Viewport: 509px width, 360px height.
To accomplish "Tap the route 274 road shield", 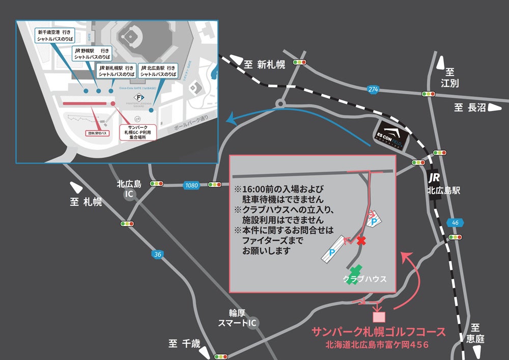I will click(x=374, y=89).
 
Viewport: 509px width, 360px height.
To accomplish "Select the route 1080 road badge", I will click(x=191, y=185).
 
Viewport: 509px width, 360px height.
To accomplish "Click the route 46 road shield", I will click(x=454, y=222).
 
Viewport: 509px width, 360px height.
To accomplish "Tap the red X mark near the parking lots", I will click(x=361, y=240).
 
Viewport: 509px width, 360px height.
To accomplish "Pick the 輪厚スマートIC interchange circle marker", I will click(x=252, y=323).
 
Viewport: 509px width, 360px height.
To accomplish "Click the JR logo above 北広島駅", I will click(x=434, y=178).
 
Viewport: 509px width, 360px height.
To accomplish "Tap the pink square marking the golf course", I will click(x=379, y=316).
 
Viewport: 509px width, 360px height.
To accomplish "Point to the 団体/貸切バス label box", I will click(x=96, y=133).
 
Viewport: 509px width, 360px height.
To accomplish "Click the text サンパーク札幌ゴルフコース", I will click(x=378, y=333).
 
